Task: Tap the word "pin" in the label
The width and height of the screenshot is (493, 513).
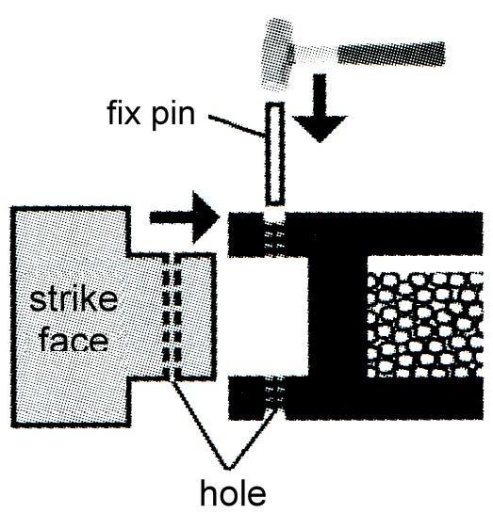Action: point(173,117)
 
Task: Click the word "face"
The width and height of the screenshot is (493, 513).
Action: point(74,340)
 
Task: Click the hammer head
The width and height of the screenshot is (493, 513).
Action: point(277,54)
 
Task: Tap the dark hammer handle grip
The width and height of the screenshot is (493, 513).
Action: point(391,54)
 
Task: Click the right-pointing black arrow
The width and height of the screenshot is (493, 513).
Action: point(185,216)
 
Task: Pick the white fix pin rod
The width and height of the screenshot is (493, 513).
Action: point(274,154)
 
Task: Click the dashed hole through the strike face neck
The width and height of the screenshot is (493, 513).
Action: point(172,316)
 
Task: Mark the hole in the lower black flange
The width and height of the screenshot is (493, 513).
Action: point(274,397)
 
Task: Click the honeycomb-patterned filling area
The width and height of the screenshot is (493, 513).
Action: point(425,325)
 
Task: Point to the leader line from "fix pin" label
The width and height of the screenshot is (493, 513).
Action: point(237,125)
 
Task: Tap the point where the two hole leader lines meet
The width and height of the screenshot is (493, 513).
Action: point(229,469)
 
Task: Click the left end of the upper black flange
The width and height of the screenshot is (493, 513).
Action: point(229,234)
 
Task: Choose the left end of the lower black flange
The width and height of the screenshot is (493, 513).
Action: point(229,398)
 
